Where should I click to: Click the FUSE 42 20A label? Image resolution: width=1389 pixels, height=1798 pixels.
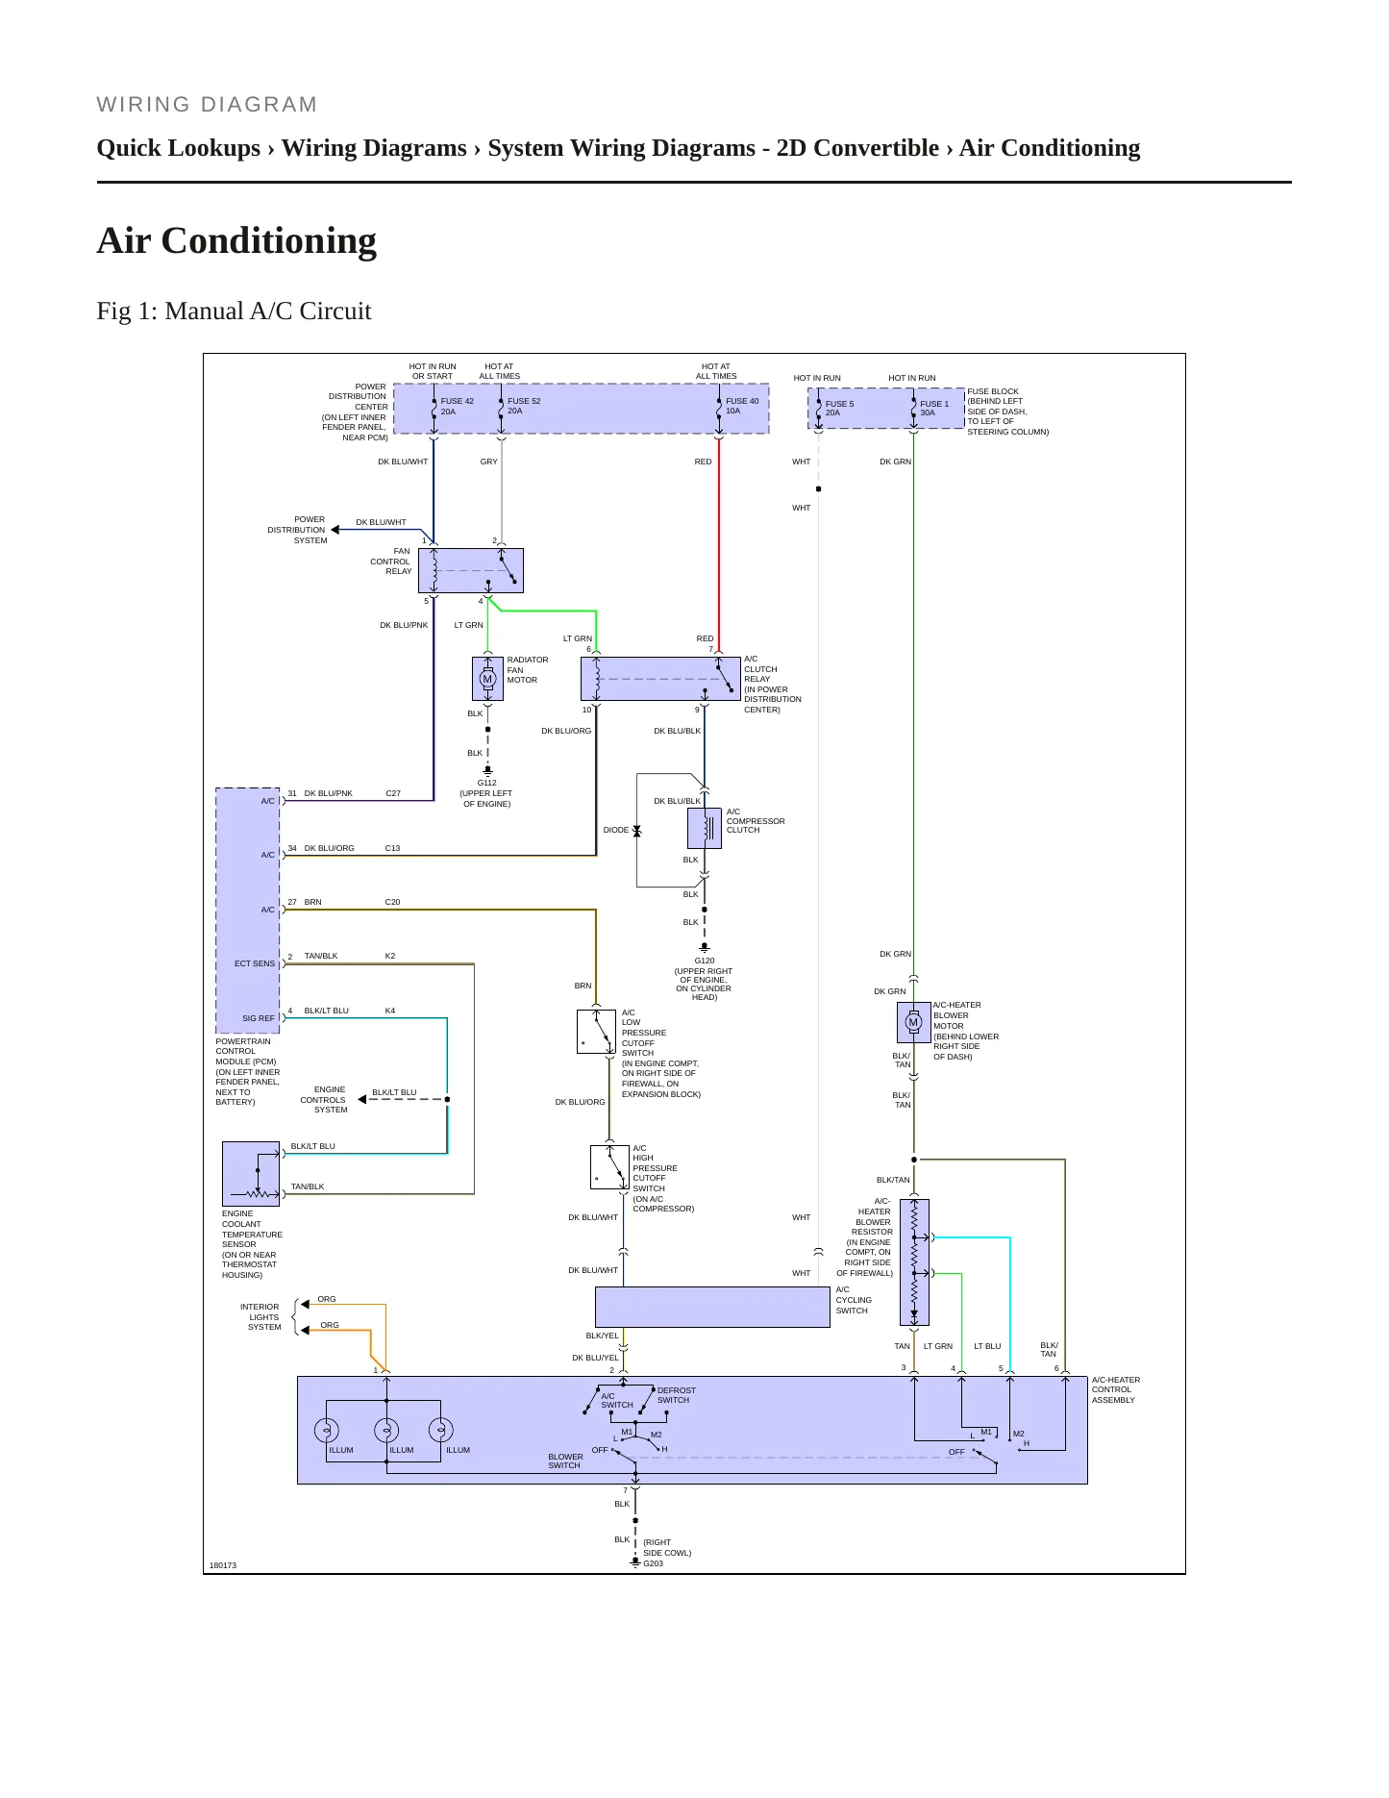457,406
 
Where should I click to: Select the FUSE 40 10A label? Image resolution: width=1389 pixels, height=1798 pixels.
742,406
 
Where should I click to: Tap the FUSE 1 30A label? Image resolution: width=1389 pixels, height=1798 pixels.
934,409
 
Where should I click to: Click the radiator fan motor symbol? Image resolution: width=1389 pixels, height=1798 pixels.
487,679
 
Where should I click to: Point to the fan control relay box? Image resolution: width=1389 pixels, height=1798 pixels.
471,570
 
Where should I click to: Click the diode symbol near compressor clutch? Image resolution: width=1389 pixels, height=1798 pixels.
636,830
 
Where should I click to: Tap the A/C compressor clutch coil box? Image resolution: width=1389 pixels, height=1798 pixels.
705,828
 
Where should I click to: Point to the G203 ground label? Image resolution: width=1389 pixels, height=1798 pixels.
654,1563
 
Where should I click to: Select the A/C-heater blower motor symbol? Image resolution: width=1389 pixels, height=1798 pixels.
913,1022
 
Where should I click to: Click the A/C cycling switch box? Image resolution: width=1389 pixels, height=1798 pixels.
712,1307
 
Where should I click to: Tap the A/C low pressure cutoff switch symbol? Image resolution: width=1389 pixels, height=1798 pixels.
596,1032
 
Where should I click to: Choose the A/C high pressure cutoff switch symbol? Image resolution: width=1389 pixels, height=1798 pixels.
609,1166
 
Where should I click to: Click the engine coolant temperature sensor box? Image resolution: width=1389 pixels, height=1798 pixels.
251,1174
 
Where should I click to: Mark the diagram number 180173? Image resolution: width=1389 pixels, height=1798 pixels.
223,1565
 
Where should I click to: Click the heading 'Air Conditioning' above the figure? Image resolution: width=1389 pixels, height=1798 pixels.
236,240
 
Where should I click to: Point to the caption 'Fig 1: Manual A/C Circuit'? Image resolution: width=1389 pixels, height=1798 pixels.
234,312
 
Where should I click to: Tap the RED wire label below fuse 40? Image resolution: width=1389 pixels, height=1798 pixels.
704,462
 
